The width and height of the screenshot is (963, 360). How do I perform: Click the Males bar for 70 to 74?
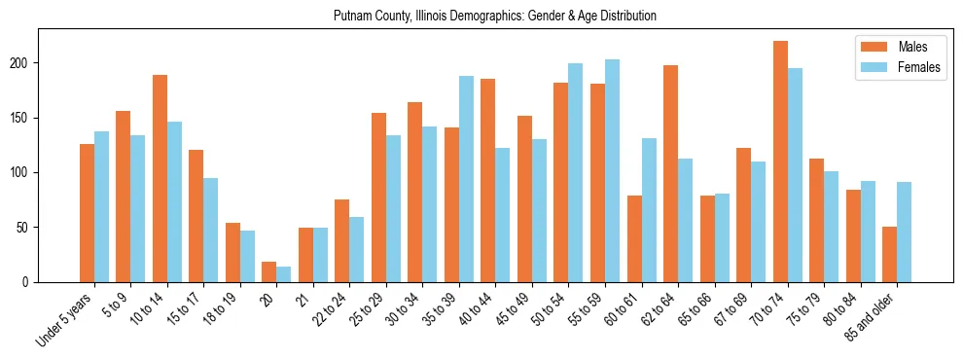[x=780, y=162]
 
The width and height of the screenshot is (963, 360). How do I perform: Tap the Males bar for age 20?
[x=269, y=272]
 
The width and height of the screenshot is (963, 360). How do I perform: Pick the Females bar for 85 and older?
[x=904, y=233]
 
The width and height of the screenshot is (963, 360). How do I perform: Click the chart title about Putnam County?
[x=494, y=17]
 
